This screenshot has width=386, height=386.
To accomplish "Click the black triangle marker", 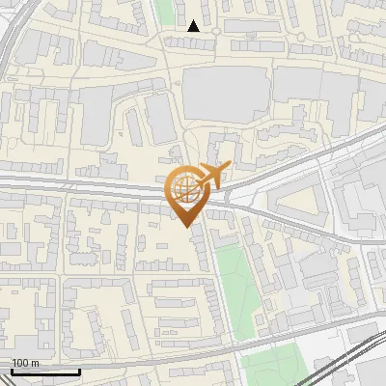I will (194, 26).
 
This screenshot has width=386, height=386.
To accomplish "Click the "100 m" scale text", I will (25, 363).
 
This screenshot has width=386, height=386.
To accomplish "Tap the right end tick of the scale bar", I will (79, 371).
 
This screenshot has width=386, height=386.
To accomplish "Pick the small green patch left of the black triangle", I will (165, 12).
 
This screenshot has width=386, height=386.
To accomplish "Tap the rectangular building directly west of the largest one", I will (158, 116).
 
